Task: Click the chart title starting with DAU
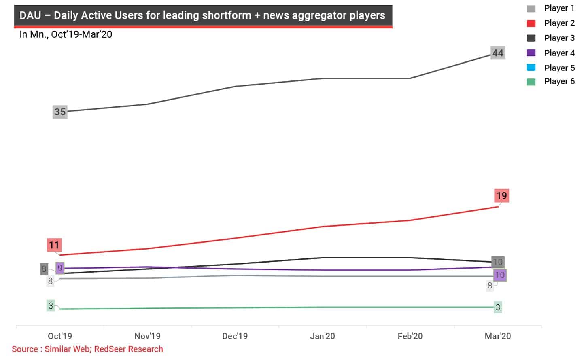click(x=202, y=15)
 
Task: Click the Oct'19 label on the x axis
click(x=60, y=336)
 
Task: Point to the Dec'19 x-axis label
click(x=235, y=336)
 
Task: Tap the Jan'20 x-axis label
click(x=323, y=336)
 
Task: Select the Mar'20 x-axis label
click(x=498, y=336)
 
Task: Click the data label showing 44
click(x=498, y=53)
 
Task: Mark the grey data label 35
click(x=60, y=112)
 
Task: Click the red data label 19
click(x=501, y=196)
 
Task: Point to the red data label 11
click(x=54, y=245)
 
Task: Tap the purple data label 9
click(x=60, y=268)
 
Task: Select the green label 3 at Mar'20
click(x=498, y=307)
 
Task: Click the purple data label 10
click(x=500, y=275)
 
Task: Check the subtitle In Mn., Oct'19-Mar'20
click(x=66, y=34)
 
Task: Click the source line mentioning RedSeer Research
click(x=87, y=349)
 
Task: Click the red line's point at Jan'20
click(x=323, y=227)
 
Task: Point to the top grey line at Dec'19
click(x=235, y=86)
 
